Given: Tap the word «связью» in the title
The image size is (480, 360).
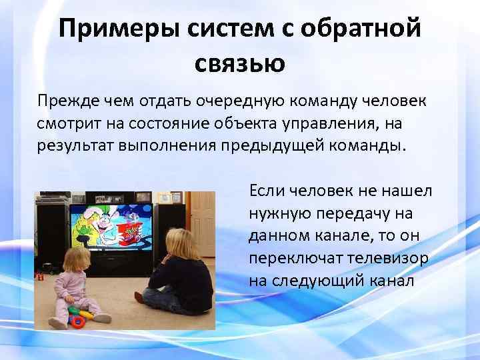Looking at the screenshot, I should point(240,63).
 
